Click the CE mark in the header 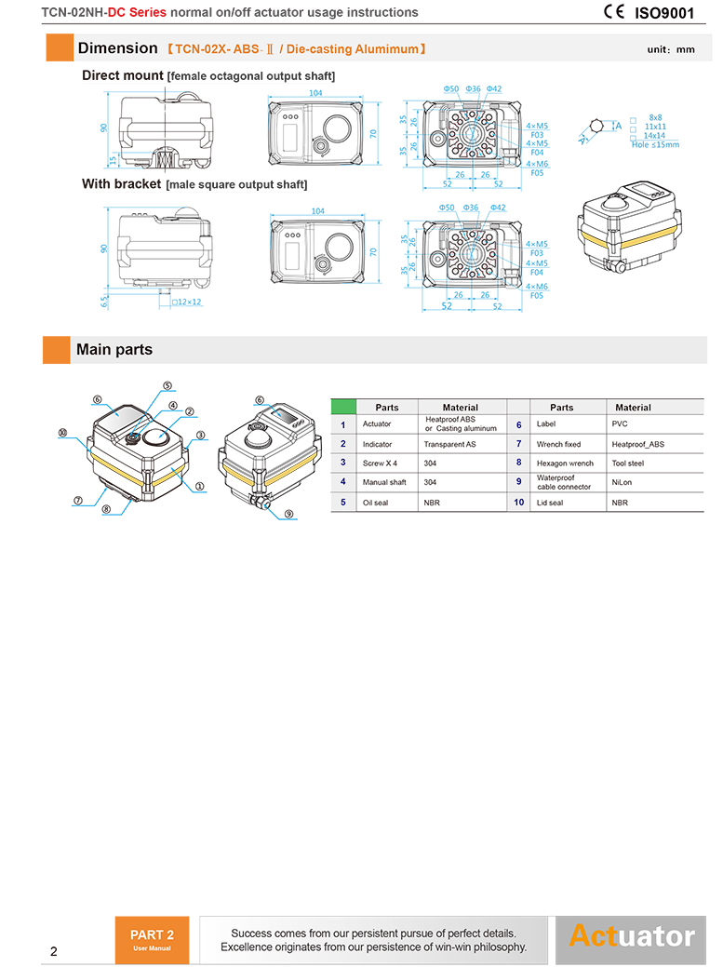pos(615,12)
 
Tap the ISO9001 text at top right pos(665,13)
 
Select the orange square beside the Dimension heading pos(60,47)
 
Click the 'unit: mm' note pos(671,49)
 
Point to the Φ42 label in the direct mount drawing pos(494,89)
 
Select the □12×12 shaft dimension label pos(186,302)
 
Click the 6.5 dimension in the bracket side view pos(105,300)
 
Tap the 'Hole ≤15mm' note pos(655,144)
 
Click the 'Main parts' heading pos(114,350)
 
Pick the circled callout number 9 pos(288,514)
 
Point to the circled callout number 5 pos(167,385)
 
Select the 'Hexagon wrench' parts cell pos(565,463)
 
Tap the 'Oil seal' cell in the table pos(376,503)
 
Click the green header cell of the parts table pos(343,407)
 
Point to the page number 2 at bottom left pos(53,951)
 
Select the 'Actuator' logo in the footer pos(631,935)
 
